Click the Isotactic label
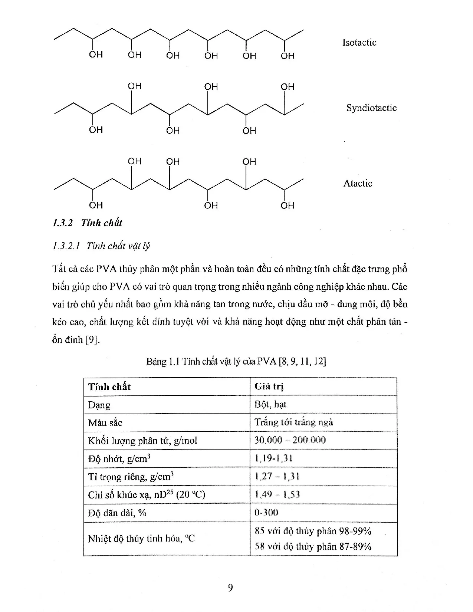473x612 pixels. click(359, 43)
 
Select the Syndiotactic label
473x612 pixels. click(371, 108)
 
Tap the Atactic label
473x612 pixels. click(358, 183)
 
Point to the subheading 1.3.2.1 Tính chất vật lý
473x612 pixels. click(102, 246)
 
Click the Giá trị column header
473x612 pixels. click(269, 386)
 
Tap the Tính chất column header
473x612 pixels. click(109, 387)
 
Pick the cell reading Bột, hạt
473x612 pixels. click(270, 404)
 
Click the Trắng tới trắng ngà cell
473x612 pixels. click(293, 422)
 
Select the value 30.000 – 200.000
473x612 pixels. click(290, 440)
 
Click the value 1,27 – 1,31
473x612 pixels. click(277, 476)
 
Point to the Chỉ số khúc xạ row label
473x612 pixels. click(147, 495)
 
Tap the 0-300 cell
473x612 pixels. click(266, 513)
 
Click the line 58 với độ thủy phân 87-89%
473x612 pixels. click(313, 546)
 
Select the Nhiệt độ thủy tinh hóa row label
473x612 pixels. click(141, 539)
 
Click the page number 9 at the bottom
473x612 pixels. click(230, 588)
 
